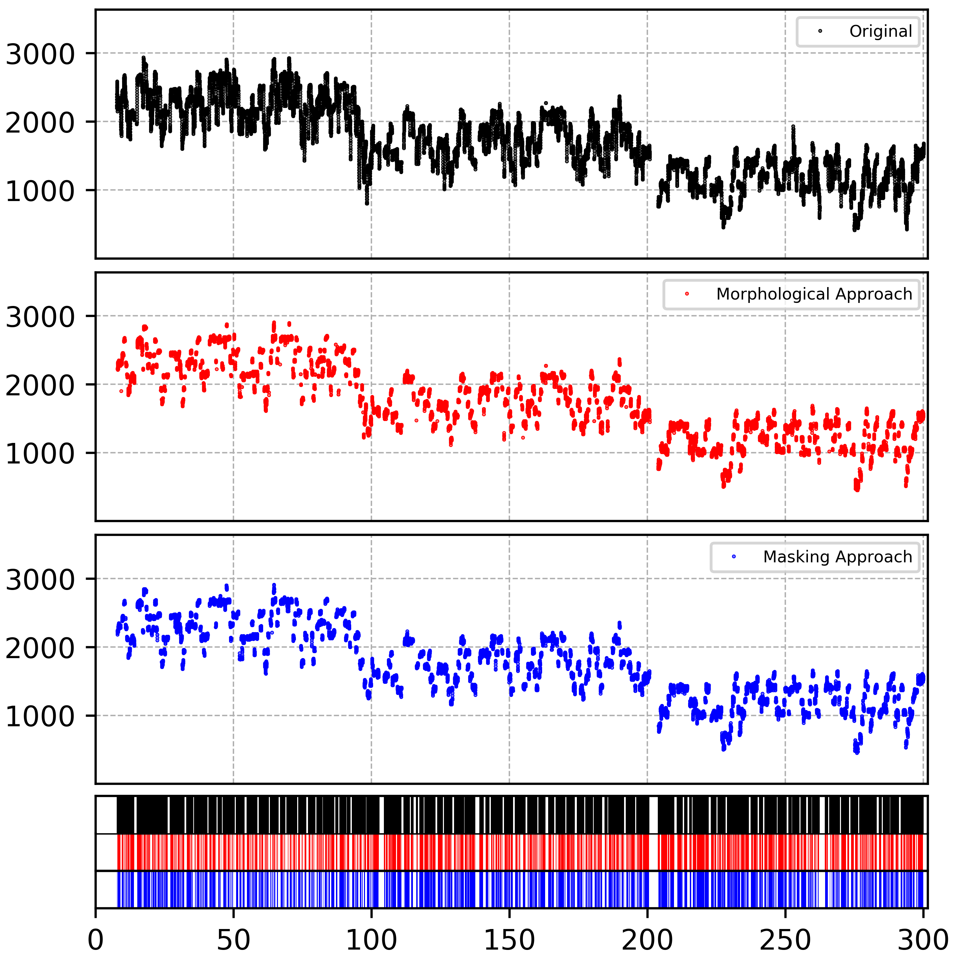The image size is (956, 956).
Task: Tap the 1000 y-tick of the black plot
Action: coord(39,191)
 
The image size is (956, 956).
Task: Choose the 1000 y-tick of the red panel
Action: coord(39,454)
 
